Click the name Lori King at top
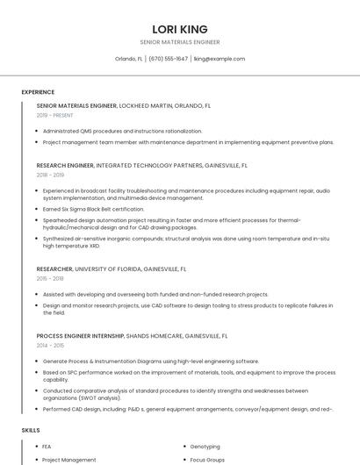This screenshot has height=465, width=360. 179,29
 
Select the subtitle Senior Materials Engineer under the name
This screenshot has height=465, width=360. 179,42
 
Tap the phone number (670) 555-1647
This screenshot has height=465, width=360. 168,59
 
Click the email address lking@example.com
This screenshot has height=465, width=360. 219,59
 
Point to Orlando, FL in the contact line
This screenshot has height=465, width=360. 129,59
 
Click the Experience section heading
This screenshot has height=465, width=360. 38,92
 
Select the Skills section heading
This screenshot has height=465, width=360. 31,431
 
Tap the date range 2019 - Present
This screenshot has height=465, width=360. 54,115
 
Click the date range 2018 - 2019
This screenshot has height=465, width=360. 50,175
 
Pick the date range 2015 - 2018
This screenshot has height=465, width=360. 50,279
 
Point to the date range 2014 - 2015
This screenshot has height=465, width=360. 50,346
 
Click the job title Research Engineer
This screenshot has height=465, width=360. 65,165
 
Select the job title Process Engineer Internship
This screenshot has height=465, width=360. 80,336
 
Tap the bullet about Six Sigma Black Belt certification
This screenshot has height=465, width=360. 93,209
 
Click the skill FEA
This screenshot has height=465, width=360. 47,447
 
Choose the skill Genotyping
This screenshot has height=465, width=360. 205,447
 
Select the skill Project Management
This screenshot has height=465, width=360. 68,460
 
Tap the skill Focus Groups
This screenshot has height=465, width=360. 207,460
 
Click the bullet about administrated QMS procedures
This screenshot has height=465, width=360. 122,131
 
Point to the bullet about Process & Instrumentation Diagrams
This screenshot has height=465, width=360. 150,361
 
